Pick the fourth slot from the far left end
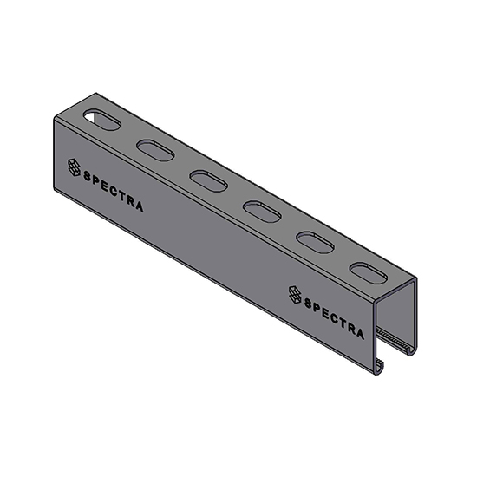click(259, 209)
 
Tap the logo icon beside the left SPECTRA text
click(74, 167)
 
